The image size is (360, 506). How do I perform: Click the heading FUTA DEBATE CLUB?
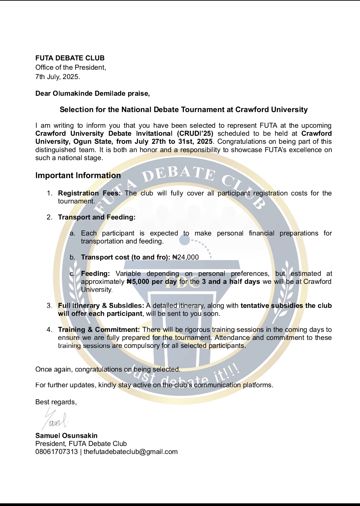[x=70, y=58]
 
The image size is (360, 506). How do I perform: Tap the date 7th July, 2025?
[x=58, y=77]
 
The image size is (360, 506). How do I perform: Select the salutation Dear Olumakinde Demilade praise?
[x=92, y=93]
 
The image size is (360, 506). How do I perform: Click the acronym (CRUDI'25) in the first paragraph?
[x=195, y=133]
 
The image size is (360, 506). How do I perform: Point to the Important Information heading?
[x=78, y=175]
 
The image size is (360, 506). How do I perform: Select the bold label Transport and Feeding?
[x=97, y=217]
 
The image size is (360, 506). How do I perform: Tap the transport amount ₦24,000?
[x=185, y=257]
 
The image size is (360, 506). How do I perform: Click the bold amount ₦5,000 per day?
[x=152, y=282]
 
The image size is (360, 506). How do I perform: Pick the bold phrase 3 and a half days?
[x=231, y=282]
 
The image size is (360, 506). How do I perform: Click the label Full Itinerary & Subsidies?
[x=101, y=306]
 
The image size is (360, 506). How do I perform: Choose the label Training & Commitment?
[x=99, y=330]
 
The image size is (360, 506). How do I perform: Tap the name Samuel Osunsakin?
[x=66, y=436]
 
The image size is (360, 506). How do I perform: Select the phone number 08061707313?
[x=56, y=452]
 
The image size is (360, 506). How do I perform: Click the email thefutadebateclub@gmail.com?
[x=131, y=452]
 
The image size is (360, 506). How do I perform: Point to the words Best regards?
[x=56, y=402]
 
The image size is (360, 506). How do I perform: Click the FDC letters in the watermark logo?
[x=182, y=282]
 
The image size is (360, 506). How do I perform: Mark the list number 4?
[x=49, y=330]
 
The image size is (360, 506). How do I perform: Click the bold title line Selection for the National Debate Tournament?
[x=184, y=109]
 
